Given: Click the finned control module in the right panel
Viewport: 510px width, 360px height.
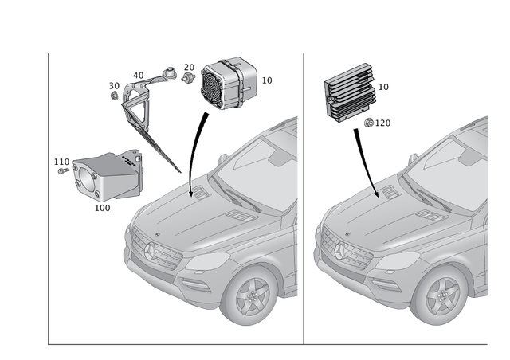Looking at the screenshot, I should (348, 94).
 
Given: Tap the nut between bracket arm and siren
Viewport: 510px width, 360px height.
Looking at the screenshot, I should (189, 77).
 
